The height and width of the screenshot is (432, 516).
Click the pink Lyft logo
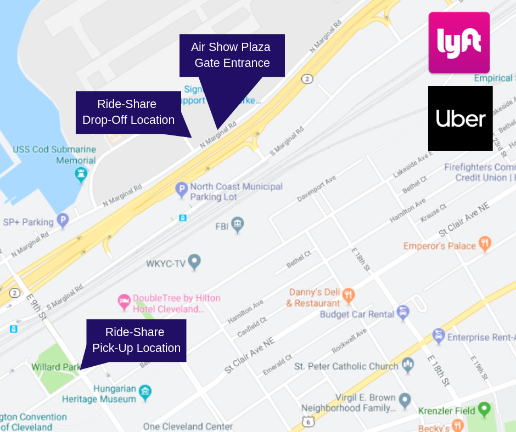click(x=459, y=42)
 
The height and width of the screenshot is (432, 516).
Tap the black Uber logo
click(x=460, y=118)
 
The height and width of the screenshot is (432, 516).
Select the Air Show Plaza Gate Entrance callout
click(x=232, y=55)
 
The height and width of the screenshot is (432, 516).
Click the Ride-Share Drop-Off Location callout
click(x=128, y=112)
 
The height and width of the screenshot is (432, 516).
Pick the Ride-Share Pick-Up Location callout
click(x=136, y=340)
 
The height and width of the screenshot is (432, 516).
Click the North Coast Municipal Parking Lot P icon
click(x=181, y=190)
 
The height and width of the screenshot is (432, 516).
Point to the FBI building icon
click(x=237, y=224)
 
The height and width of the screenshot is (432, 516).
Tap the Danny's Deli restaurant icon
click(x=349, y=297)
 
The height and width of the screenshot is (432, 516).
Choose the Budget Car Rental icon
click(x=403, y=313)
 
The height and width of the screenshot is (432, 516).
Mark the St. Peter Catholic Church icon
click(x=407, y=365)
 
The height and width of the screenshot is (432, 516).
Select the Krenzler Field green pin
click(x=484, y=408)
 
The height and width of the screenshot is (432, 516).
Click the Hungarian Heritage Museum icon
click(x=145, y=391)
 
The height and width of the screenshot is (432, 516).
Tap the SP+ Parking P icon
click(x=63, y=221)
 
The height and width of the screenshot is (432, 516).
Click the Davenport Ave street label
click(x=316, y=189)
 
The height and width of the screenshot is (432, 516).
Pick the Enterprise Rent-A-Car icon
click(x=438, y=336)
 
